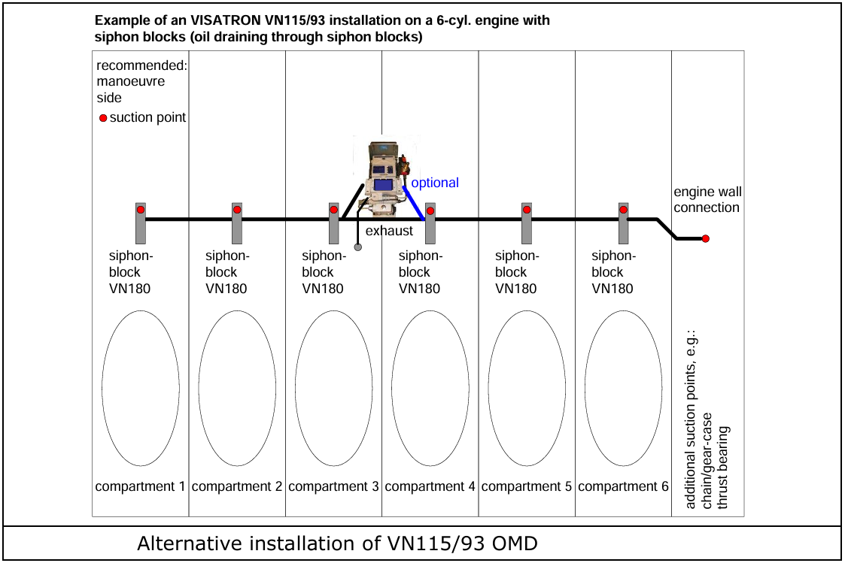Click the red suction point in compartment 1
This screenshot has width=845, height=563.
[141, 210]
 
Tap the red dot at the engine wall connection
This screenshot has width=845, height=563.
[706, 238]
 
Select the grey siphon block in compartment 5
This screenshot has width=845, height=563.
[527, 223]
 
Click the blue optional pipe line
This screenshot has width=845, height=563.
[413, 202]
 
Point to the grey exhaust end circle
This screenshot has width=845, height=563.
[358, 247]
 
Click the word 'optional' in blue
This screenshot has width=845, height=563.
[435, 183]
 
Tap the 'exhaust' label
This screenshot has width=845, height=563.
[389, 230]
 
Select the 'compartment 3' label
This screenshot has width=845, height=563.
[333, 486]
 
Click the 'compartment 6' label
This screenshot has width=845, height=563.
[623, 486]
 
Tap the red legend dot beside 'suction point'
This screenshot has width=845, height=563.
[103, 118]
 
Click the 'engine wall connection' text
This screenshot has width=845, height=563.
[707, 200]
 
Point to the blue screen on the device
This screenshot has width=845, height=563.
[383, 185]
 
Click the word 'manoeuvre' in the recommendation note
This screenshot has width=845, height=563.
[131, 81]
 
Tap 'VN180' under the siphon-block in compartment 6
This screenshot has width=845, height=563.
[612, 289]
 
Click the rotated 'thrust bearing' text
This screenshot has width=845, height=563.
[722, 468]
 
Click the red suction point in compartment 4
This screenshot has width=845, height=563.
[430, 210]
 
